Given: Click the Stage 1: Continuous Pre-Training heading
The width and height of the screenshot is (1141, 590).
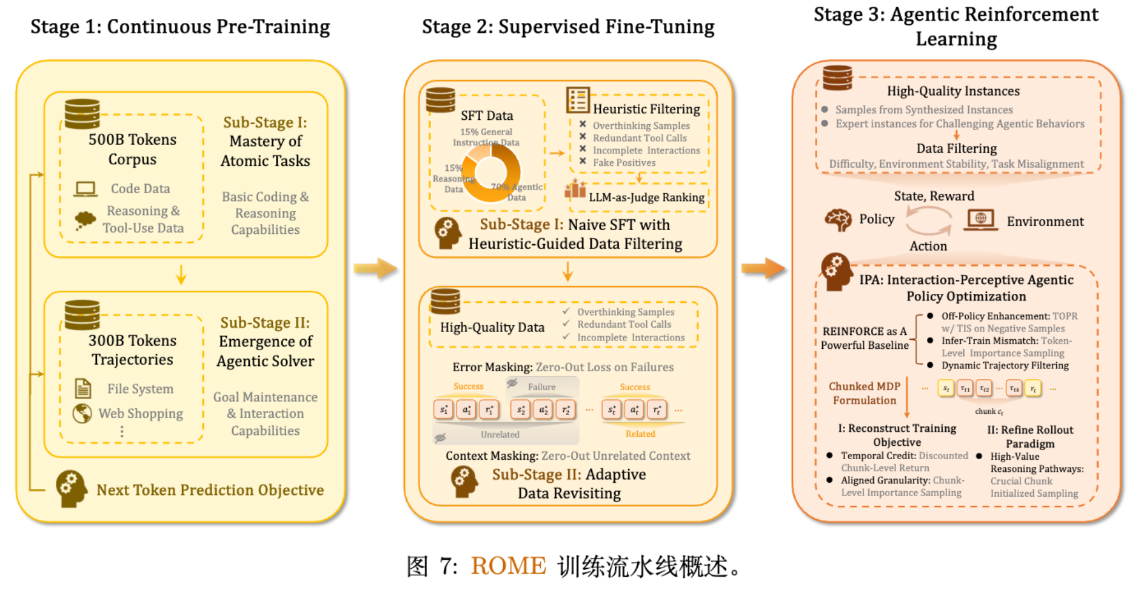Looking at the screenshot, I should click(x=180, y=27).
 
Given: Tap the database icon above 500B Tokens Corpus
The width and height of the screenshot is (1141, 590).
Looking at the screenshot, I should click(x=82, y=113).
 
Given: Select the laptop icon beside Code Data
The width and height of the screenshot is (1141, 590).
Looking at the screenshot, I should click(x=85, y=189).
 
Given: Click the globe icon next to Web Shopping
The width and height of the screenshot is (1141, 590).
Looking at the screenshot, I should click(x=82, y=414).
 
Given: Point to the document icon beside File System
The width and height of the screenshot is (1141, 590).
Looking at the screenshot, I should click(x=82, y=388).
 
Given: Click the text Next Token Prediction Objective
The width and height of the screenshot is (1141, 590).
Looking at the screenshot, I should click(x=210, y=490).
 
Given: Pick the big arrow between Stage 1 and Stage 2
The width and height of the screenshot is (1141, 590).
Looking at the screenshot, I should click(x=375, y=268).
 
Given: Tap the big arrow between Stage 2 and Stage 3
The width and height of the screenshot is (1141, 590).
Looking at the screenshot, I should click(x=763, y=268).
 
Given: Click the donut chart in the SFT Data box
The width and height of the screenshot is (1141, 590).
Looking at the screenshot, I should click(x=490, y=172).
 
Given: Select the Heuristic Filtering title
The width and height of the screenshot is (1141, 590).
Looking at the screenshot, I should click(x=646, y=109).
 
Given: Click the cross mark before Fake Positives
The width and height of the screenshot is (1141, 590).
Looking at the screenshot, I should click(x=583, y=162).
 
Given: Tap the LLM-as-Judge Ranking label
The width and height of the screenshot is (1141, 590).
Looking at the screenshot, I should click(x=646, y=197).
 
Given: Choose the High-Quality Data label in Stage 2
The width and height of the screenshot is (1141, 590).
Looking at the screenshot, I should click(x=492, y=328).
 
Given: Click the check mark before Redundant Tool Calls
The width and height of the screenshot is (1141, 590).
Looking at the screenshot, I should click(x=566, y=325).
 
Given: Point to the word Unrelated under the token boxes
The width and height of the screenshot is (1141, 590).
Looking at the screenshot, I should click(x=500, y=434).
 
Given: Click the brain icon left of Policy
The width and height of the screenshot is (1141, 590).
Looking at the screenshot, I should click(x=838, y=220).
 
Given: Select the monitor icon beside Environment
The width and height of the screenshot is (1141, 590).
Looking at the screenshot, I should click(x=980, y=220).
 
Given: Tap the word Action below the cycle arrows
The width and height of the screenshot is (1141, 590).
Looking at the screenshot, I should click(x=928, y=247).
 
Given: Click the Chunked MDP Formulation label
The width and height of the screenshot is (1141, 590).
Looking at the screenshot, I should click(x=864, y=393).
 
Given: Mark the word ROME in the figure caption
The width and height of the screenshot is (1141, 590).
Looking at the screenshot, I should click(x=508, y=566).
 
